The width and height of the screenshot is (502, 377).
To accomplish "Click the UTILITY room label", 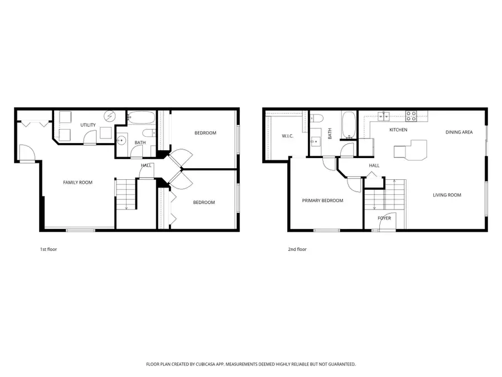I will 88,125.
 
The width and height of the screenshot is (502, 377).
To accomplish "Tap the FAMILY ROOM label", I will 78,182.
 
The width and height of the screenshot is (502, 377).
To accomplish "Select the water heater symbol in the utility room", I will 110,117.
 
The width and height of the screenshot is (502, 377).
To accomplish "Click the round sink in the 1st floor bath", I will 121,140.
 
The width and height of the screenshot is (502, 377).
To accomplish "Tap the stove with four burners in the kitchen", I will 411,116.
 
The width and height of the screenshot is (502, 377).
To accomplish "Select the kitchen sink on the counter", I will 384,116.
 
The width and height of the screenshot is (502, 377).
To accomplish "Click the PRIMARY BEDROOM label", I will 322,201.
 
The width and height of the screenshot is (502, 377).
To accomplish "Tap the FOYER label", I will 384,218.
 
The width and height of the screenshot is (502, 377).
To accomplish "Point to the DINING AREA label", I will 459,132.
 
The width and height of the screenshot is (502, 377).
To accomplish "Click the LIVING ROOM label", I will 447,195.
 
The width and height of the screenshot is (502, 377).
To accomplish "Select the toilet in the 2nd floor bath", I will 316,118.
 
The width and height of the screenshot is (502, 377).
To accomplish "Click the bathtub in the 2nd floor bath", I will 347,124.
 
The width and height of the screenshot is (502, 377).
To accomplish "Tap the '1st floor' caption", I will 49,249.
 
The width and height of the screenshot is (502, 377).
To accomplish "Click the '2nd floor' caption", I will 298,249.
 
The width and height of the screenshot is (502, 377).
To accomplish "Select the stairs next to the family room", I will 126,194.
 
